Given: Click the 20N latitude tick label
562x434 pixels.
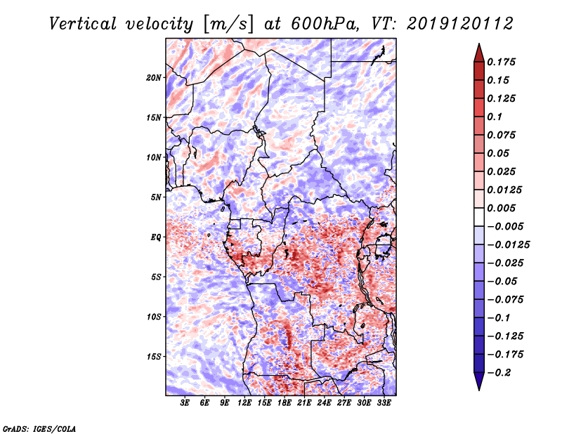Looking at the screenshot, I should pos(154,77).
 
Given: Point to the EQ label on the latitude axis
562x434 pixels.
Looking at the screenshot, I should pos(155,237).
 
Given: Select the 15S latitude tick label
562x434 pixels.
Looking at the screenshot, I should pos(154,356).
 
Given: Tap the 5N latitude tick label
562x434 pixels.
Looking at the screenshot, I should pos(155,197).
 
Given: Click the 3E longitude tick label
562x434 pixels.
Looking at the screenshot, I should pos(185,403).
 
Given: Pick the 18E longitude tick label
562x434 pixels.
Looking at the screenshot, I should pos(285,403).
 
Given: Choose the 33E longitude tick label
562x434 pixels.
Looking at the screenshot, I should pos(384,403).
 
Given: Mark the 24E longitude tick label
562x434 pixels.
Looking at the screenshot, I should pos(325,403).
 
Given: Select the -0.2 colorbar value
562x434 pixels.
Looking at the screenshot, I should pos(500,372).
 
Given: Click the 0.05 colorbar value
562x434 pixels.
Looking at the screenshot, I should pos(499,153).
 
